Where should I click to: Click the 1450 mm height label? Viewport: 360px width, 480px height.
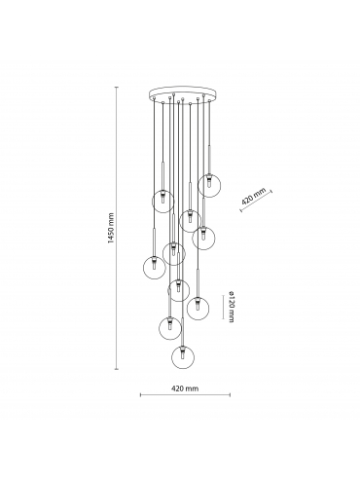click(x=111, y=228)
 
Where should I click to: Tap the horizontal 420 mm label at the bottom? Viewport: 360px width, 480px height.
click(x=185, y=388)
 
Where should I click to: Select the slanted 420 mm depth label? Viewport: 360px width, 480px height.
click(x=254, y=196)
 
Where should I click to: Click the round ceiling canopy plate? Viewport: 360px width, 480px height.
click(x=181, y=94)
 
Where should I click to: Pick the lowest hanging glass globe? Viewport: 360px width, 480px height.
click(x=183, y=357)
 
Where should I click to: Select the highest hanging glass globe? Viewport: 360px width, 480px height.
click(x=209, y=186)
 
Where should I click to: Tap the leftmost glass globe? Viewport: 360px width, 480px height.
click(x=155, y=268)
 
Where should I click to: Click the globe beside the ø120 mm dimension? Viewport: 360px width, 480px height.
click(x=198, y=308)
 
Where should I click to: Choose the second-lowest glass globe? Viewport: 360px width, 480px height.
click(x=170, y=328)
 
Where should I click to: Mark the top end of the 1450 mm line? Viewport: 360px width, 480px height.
click(x=117, y=87)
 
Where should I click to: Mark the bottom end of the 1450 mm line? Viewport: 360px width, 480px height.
click(x=117, y=369)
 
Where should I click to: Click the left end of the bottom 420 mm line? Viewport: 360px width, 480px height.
click(x=140, y=395)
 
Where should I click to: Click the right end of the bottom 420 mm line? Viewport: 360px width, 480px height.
click(x=230, y=395)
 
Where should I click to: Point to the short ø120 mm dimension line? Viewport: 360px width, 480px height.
click(x=223, y=307)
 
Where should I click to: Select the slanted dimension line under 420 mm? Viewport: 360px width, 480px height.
click(x=256, y=202)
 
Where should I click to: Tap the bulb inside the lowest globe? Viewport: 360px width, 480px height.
click(x=183, y=355)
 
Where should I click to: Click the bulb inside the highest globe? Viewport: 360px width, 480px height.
click(x=209, y=184)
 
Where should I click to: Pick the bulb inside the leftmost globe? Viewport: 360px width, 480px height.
click(x=155, y=266)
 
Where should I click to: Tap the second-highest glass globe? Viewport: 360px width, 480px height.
click(x=163, y=202)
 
